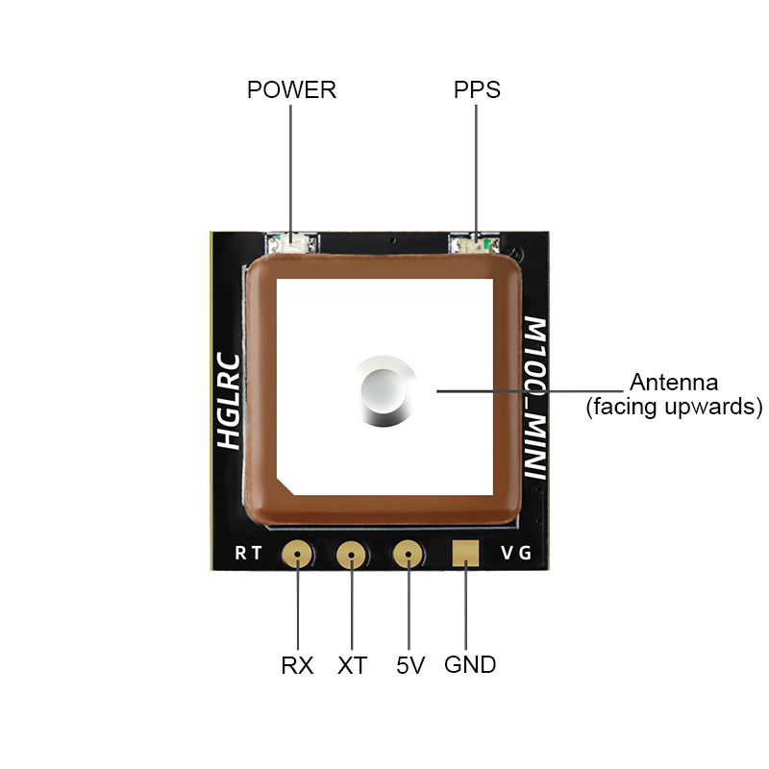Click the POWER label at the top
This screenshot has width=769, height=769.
tap(291, 90)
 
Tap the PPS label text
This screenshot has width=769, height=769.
tap(477, 90)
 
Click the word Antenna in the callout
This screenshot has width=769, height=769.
tap(673, 382)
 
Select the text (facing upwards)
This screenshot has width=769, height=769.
tap(674, 406)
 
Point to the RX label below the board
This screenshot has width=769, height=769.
tap(297, 664)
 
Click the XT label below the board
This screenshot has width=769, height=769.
tap(353, 664)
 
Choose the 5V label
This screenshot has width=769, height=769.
tap(409, 664)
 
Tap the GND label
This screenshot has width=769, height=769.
tap(470, 664)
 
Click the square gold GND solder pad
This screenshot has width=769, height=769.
tap(466, 553)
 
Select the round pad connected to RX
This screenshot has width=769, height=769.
tap(297, 554)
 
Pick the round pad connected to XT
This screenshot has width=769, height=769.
tap(353, 554)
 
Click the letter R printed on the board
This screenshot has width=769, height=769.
tap(240, 554)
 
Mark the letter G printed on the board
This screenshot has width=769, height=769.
tap(525, 554)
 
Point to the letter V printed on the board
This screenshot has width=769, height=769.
tap(508, 554)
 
